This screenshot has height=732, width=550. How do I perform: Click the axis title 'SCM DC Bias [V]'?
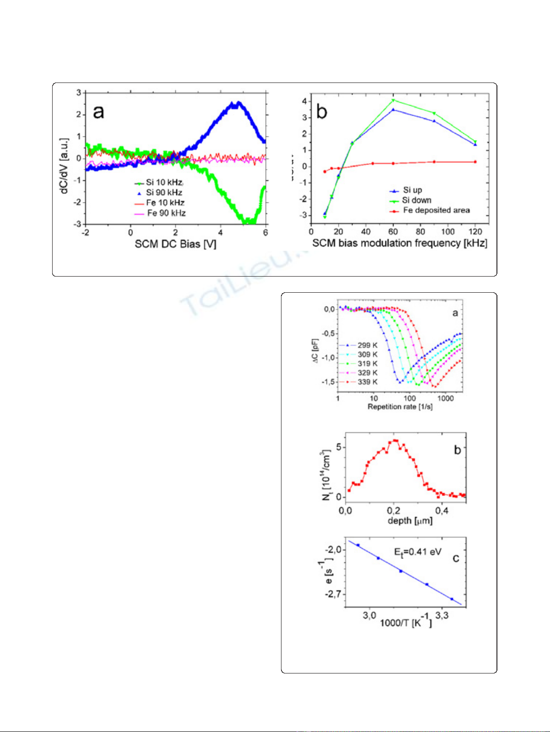pyautogui.click(x=175, y=244)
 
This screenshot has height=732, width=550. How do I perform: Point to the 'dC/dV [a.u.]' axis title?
pyautogui.click(x=64, y=165)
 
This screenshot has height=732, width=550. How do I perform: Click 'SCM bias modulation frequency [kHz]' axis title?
pyautogui.click(x=400, y=243)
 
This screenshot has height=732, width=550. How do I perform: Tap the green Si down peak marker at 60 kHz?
pyautogui.click(x=393, y=100)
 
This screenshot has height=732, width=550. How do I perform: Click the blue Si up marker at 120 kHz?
pyautogui.click(x=475, y=144)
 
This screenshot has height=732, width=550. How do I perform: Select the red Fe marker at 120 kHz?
pyautogui.click(x=475, y=162)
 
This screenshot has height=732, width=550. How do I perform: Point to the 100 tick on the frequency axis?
pyautogui.click(x=448, y=231)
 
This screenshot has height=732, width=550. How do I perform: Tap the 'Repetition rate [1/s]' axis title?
pyautogui.click(x=400, y=407)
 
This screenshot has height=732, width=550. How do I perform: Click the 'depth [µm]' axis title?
pyautogui.click(x=410, y=521)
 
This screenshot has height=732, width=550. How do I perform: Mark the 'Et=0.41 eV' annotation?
pyautogui.click(x=418, y=552)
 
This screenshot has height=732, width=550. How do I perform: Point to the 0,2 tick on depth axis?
pyautogui.click(x=394, y=511)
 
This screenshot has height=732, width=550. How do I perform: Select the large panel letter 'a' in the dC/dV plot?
pyautogui.click(x=99, y=112)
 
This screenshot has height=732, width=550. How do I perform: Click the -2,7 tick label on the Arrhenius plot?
pyautogui.click(x=333, y=594)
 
